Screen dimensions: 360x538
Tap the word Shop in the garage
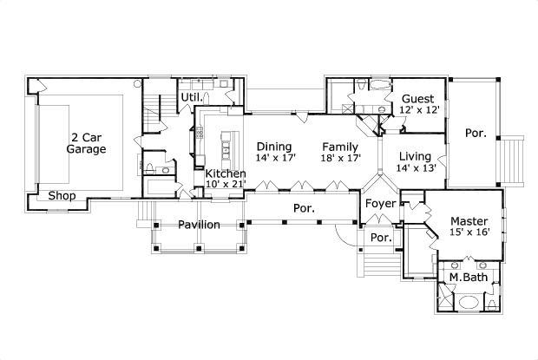pyautogui.click(x=62, y=196)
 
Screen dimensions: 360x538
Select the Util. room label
pyautogui.click(x=191, y=96)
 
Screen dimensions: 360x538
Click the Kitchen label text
pyautogui.click(x=225, y=174)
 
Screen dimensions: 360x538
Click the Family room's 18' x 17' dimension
pyautogui.click(x=340, y=160)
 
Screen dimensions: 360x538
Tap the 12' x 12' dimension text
pyautogui.click(x=420, y=110)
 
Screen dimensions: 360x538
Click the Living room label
pyautogui.click(x=415, y=156)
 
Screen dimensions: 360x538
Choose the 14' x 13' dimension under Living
pyautogui.click(x=415, y=168)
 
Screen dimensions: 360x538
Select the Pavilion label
pyautogui.click(x=199, y=226)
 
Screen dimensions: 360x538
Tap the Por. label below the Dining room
pyautogui.click(x=302, y=209)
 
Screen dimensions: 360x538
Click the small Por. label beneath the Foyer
pyautogui.click(x=380, y=238)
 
